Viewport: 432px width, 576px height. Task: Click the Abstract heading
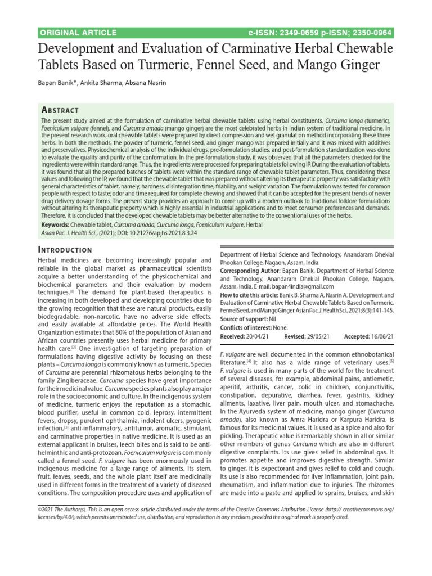pyautogui.click(x=60, y=110)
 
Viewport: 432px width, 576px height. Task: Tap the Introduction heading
pyautogui.click(x=65, y=249)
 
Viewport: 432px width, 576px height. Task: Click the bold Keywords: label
pyautogui.click(x=58, y=225)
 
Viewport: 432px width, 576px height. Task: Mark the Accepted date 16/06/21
pyautogui.click(x=381, y=336)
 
